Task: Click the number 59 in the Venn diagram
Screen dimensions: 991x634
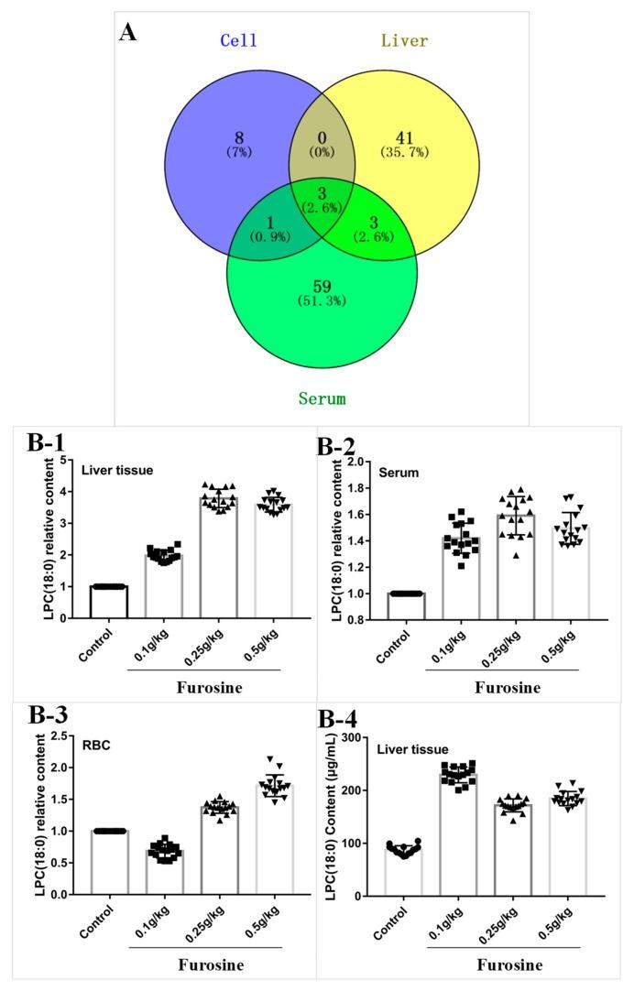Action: [x=321, y=288]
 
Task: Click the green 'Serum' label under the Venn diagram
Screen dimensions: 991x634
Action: [x=322, y=397]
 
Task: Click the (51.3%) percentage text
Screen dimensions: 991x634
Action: [x=322, y=301]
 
